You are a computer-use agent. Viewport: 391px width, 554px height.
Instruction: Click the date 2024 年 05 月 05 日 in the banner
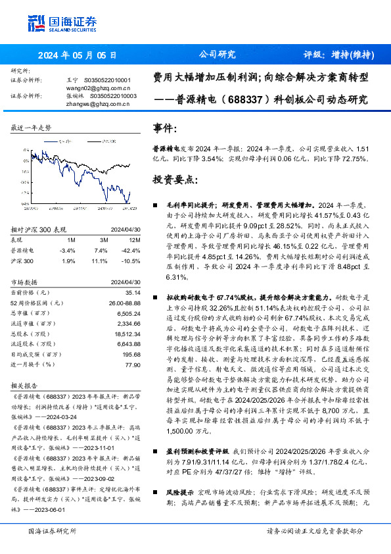pyautogui.click(x=76, y=55)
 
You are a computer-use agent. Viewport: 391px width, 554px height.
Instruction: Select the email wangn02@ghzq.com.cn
pyautogui.click(x=98, y=87)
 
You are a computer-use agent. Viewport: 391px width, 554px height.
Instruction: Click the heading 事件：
pyautogui.click(x=164, y=128)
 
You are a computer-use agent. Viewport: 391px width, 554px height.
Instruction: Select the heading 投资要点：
pyautogui.click(x=173, y=179)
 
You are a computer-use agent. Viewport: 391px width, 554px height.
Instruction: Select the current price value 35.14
pyautogui.click(x=133, y=291)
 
